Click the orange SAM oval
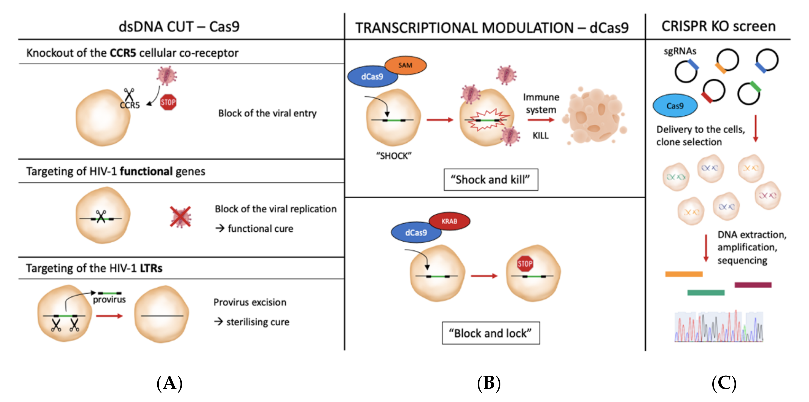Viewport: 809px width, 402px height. tap(405, 65)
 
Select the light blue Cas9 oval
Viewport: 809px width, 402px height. tap(675, 106)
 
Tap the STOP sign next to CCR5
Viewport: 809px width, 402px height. tap(168, 102)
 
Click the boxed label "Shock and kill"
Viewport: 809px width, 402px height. tap(490, 180)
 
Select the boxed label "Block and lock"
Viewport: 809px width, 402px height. tap(490, 333)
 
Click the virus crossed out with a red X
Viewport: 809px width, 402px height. tap(181, 217)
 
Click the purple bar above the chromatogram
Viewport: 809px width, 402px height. tap(753, 285)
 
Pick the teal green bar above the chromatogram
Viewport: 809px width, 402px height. tap(706, 293)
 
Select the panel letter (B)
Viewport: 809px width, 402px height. tap(489, 383)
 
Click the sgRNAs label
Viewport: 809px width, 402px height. tap(680, 51)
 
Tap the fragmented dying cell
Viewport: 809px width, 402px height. tap(594, 116)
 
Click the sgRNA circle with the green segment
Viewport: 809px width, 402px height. tap(749, 93)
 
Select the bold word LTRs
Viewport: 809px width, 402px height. tap(151, 268)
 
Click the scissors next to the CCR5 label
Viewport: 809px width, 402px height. tap(129, 94)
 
